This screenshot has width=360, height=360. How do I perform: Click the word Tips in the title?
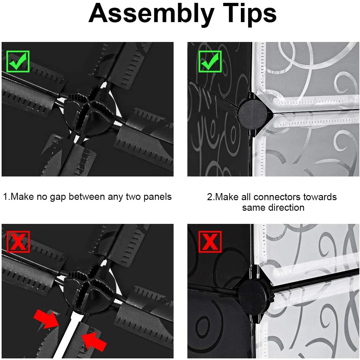(250, 14)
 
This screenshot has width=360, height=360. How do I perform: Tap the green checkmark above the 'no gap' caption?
(18, 61)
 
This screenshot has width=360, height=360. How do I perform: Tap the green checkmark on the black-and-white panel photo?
(210, 61)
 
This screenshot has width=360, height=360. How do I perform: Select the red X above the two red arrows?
(18, 242)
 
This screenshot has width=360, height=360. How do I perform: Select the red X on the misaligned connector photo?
(210, 242)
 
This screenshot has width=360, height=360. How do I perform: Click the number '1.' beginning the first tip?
(6, 197)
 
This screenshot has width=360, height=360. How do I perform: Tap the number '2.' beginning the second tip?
(211, 197)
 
